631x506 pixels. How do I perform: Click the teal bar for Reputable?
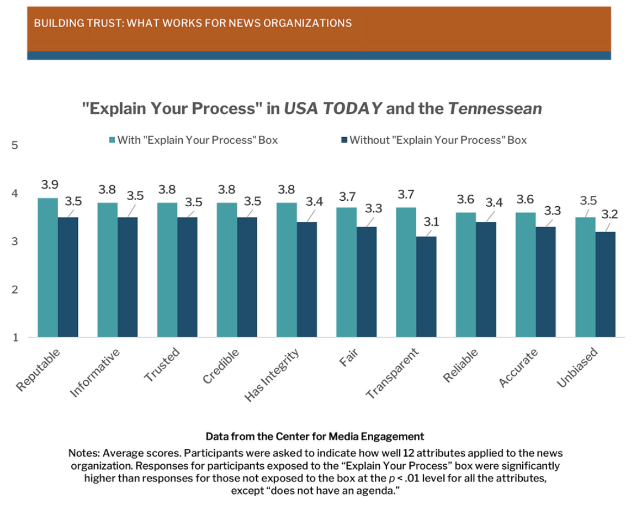(x=48, y=268)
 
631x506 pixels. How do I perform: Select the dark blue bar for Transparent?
(x=426, y=287)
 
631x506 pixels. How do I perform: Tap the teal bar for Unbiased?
(x=585, y=277)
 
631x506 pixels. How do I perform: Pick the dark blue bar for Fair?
(x=366, y=282)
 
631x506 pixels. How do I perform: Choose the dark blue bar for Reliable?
(x=486, y=280)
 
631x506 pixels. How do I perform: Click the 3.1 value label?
(x=432, y=221)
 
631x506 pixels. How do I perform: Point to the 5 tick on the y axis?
(x=15, y=146)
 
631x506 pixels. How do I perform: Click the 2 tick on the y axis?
(x=15, y=289)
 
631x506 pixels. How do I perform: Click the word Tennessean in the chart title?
(x=495, y=109)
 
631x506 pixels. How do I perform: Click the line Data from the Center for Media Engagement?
(x=314, y=436)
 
